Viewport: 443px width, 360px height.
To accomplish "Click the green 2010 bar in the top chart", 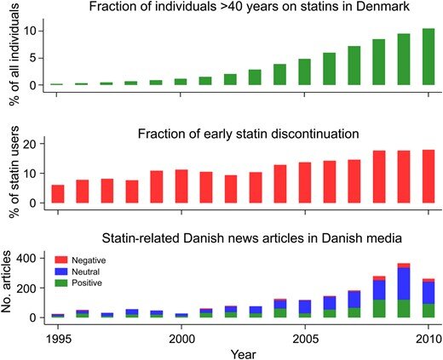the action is pos(429,57).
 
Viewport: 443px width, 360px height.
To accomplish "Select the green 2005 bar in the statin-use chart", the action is pos(304,71).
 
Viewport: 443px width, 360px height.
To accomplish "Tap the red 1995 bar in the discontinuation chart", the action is pos(58,194).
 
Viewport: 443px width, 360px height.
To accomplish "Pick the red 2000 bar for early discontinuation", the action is pos(181,186).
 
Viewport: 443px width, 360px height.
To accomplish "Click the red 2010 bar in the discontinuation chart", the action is pos(429,176).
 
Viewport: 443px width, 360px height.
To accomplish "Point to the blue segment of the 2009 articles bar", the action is pos(404,284).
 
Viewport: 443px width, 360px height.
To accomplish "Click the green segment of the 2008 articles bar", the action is pos(379,309).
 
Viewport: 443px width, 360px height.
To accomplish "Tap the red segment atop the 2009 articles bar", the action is pos(404,266).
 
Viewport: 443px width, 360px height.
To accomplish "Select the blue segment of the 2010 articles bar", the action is pos(429,293).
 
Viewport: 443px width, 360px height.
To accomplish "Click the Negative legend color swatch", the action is pos(61,260).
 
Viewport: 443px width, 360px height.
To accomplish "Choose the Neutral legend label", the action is pos(86,271).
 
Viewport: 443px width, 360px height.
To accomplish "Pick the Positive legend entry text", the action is pos(87,283).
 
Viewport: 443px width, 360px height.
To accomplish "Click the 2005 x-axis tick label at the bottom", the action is pos(305,339).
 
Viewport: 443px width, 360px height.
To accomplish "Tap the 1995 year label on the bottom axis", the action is pos(58,339).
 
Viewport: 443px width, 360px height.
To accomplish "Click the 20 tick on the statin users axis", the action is pos(31,144).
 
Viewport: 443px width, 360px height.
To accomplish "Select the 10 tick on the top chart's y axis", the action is pos(30,31).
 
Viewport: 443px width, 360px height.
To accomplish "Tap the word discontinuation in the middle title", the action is pos(315,134).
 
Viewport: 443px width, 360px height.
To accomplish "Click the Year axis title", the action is pos(243,354).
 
